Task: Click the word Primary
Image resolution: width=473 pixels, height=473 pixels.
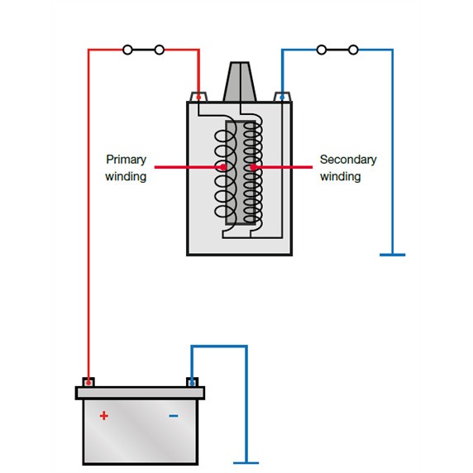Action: (126, 160)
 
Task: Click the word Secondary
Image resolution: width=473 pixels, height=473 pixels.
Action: (348, 160)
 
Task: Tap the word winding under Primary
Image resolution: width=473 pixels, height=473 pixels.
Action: (126, 176)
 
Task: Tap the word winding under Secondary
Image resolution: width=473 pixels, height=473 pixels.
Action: (340, 176)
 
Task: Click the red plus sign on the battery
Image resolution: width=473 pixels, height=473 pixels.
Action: (103, 416)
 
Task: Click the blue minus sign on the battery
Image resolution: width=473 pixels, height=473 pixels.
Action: (174, 416)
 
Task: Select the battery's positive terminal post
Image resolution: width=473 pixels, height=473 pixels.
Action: (88, 382)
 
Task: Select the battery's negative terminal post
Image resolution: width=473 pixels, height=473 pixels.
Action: (192, 382)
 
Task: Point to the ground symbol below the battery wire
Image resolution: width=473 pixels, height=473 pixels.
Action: (246, 463)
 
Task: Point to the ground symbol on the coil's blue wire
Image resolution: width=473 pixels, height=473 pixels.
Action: (393, 255)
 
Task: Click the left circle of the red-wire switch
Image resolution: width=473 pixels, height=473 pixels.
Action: (127, 50)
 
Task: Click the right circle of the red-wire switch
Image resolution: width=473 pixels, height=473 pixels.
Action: (160, 50)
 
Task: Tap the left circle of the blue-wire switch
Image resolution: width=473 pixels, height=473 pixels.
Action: (322, 50)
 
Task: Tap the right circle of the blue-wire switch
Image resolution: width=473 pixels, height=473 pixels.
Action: (353, 50)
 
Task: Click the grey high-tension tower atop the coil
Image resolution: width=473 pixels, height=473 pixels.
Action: (240, 82)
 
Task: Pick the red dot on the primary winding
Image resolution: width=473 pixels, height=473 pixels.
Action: (223, 167)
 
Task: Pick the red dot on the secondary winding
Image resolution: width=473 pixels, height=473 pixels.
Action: (253, 167)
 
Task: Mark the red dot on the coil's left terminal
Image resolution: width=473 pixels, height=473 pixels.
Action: (198, 98)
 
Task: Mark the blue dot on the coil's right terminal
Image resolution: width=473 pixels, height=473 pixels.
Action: (282, 98)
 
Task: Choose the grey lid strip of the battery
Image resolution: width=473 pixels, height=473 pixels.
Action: (140, 393)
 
